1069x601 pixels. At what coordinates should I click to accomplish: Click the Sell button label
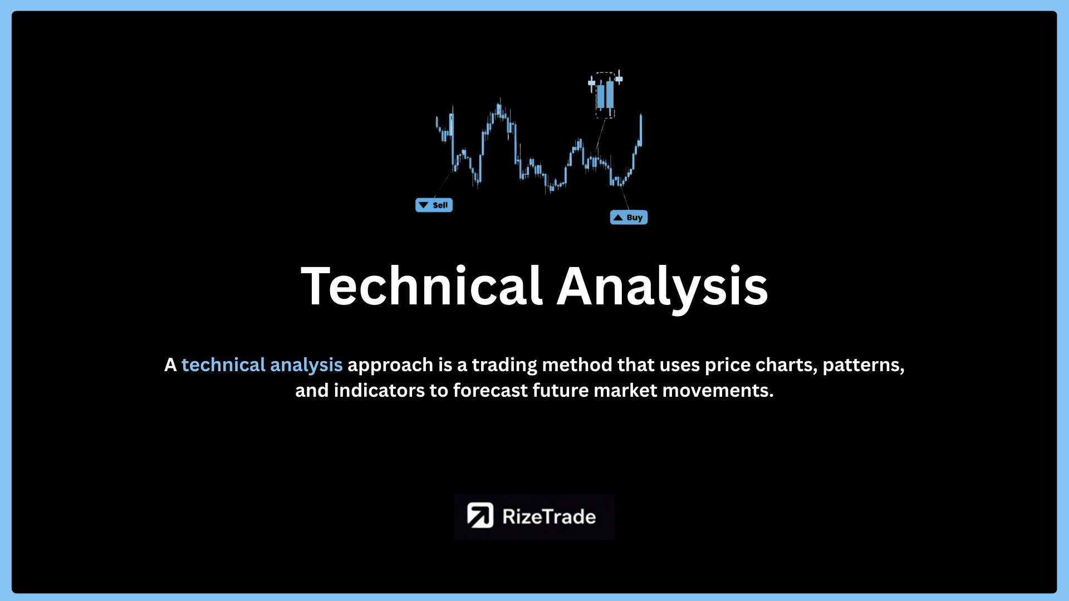(x=434, y=205)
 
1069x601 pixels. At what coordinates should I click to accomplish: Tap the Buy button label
(x=629, y=218)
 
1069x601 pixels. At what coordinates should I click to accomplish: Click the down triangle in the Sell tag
(x=424, y=205)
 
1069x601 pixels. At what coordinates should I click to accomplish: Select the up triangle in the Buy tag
(x=618, y=218)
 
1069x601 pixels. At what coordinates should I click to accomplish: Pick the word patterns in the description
(x=864, y=366)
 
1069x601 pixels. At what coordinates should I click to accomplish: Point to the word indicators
(x=379, y=391)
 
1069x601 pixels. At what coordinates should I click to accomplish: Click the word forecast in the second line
(x=491, y=391)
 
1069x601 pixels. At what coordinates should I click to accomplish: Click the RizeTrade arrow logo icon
(x=480, y=515)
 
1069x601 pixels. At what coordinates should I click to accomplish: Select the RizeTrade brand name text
(x=549, y=516)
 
